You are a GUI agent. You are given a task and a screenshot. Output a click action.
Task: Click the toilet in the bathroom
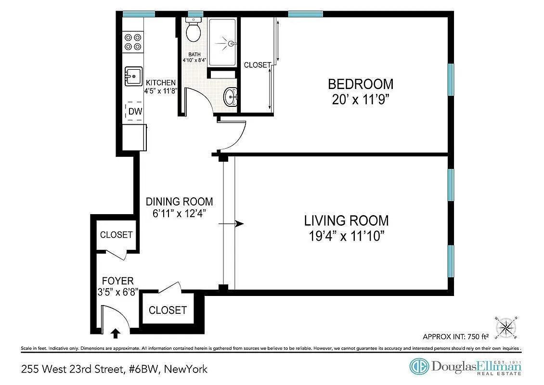point(194,30)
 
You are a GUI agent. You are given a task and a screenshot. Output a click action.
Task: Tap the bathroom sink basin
point(232,97)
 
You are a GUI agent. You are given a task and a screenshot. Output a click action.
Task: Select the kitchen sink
point(133,76)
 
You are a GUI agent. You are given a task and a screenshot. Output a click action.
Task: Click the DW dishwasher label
point(135,112)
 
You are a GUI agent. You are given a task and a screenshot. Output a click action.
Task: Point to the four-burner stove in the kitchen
point(133,41)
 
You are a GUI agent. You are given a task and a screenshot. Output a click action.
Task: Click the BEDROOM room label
point(360,84)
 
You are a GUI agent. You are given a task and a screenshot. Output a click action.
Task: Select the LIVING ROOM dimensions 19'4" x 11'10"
point(346,236)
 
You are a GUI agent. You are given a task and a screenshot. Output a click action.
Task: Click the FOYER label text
point(117,281)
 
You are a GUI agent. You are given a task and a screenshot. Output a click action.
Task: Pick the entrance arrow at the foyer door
point(116,333)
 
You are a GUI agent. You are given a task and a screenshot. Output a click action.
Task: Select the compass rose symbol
point(505,327)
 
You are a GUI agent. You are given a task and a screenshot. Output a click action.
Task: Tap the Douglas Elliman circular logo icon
point(418,367)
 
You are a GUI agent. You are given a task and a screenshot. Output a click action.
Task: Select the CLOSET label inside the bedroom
point(257,65)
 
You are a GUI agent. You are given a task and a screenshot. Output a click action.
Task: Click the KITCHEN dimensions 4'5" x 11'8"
point(161,90)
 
